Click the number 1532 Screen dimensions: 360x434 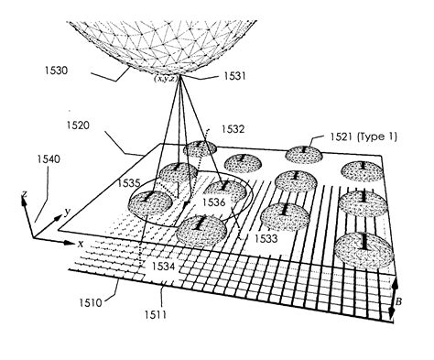pos(233,132)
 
